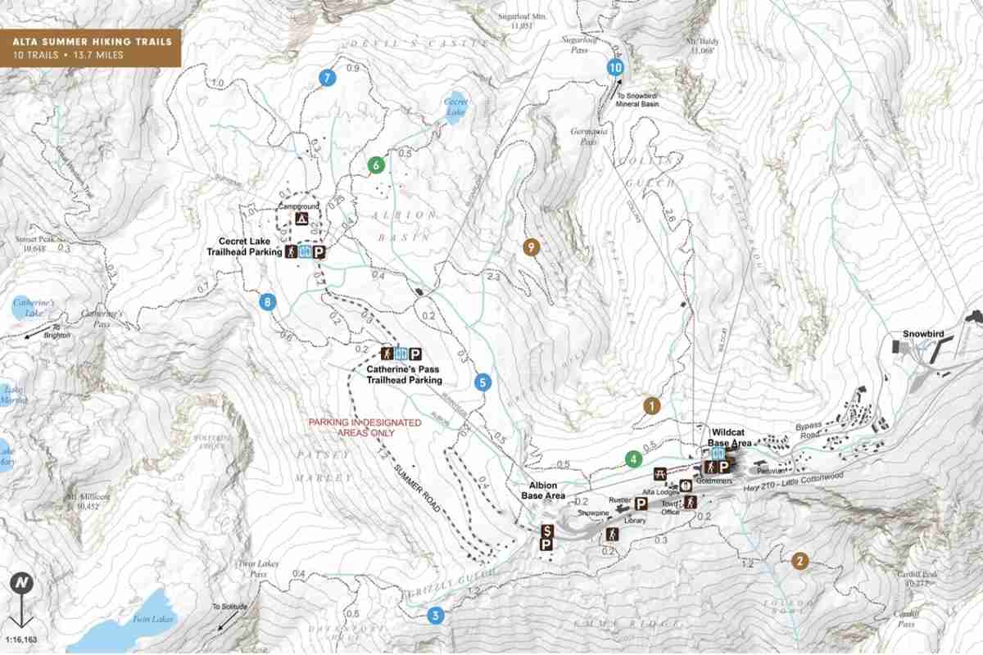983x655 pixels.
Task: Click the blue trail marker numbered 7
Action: click(327, 79)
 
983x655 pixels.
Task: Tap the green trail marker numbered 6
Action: click(376, 165)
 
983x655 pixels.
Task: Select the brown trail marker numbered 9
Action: click(532, 246)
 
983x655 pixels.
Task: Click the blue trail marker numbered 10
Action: click(616, 68)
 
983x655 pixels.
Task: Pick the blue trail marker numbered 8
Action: click(267, 302)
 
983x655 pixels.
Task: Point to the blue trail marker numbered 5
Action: click(482, 382)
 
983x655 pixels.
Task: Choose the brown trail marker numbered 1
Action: click(651, 405)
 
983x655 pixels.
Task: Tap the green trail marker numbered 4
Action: click(632, 459)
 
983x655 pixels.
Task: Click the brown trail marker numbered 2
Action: click(800, 561)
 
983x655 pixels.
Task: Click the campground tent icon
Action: click(301, 219)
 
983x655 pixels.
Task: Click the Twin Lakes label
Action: click(154, 619)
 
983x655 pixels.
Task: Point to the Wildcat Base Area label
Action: click(732, 436)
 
